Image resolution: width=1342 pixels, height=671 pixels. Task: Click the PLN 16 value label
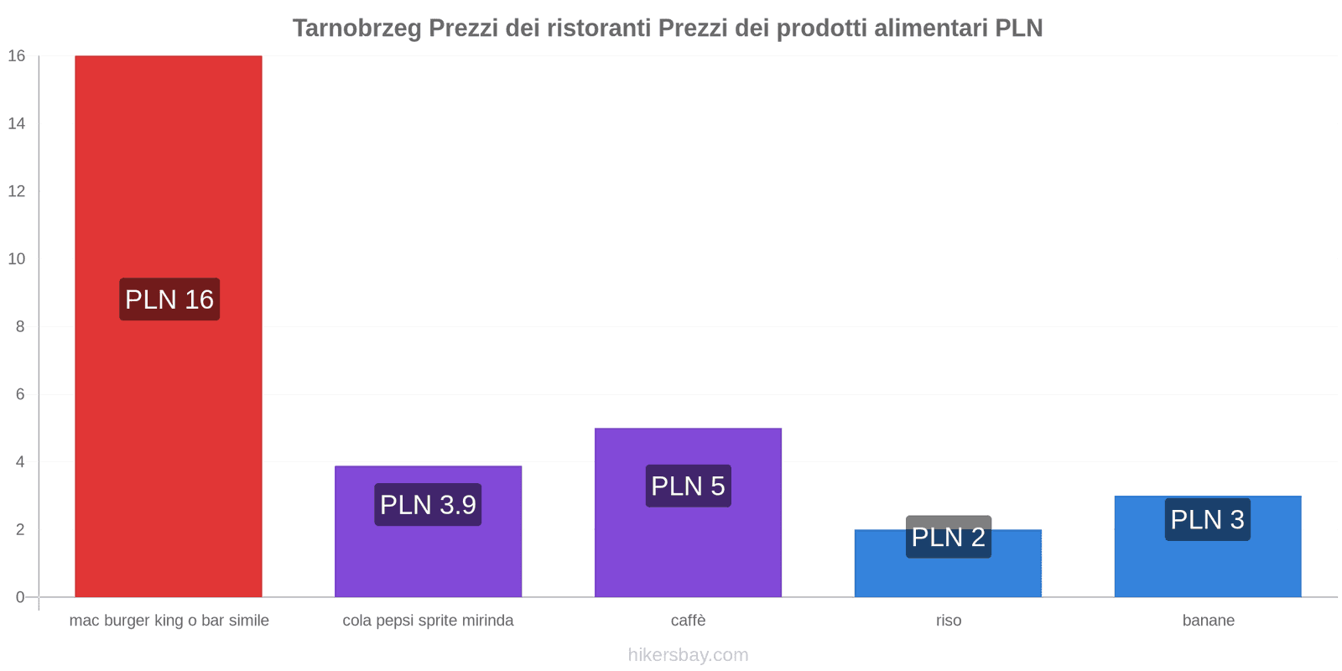click(169, 299)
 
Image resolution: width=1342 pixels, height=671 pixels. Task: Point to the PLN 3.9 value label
click(428, 505)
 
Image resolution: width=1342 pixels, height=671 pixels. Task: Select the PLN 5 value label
click(688, 486)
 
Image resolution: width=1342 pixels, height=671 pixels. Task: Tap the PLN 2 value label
click(949, 537)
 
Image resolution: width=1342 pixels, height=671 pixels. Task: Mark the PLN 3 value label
click(1207, 519)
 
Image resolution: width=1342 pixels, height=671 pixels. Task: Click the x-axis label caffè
click(688, 621)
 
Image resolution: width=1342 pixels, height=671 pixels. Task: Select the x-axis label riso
click(949, 621)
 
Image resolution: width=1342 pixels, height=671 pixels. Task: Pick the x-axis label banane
click(1208, 621)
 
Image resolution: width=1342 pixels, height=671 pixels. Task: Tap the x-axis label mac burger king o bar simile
click(169, 621)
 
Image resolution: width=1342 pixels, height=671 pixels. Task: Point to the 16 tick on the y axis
click(17, 56)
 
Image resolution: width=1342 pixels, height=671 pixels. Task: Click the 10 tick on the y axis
click(17, 259)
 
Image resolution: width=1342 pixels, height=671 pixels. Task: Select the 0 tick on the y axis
click(20, 597)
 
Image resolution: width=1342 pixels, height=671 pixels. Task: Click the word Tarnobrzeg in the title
click(357, 28)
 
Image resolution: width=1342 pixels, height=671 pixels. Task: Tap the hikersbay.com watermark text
click(688, 655)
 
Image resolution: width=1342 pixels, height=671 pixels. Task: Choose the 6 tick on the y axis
click(20, 394)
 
